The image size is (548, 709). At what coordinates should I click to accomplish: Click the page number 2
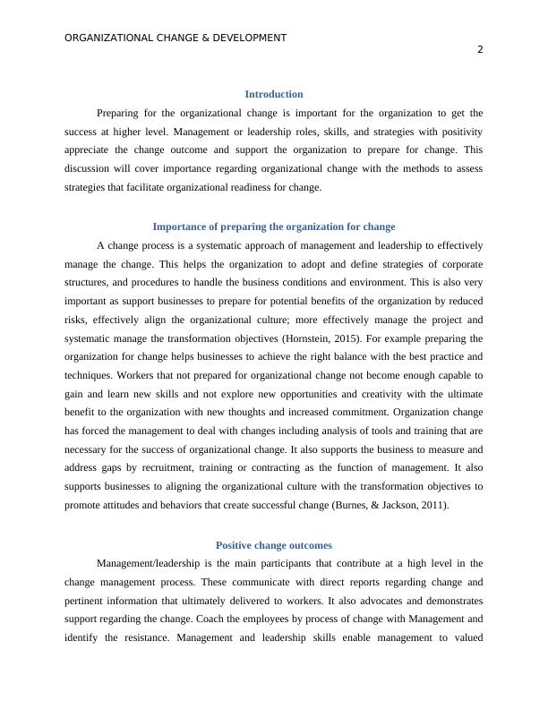pyautogui.click(x=480, y=50)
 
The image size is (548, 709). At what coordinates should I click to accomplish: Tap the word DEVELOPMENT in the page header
pyautogui.click(x=244, y=38)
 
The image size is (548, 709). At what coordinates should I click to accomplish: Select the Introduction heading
pyautogui.click(x=273, y=94)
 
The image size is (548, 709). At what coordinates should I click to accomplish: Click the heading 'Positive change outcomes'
pyautogui.click(x=273, y=545)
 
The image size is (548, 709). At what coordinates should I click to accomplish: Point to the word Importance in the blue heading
pyautogui.click(x=183, y=226)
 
